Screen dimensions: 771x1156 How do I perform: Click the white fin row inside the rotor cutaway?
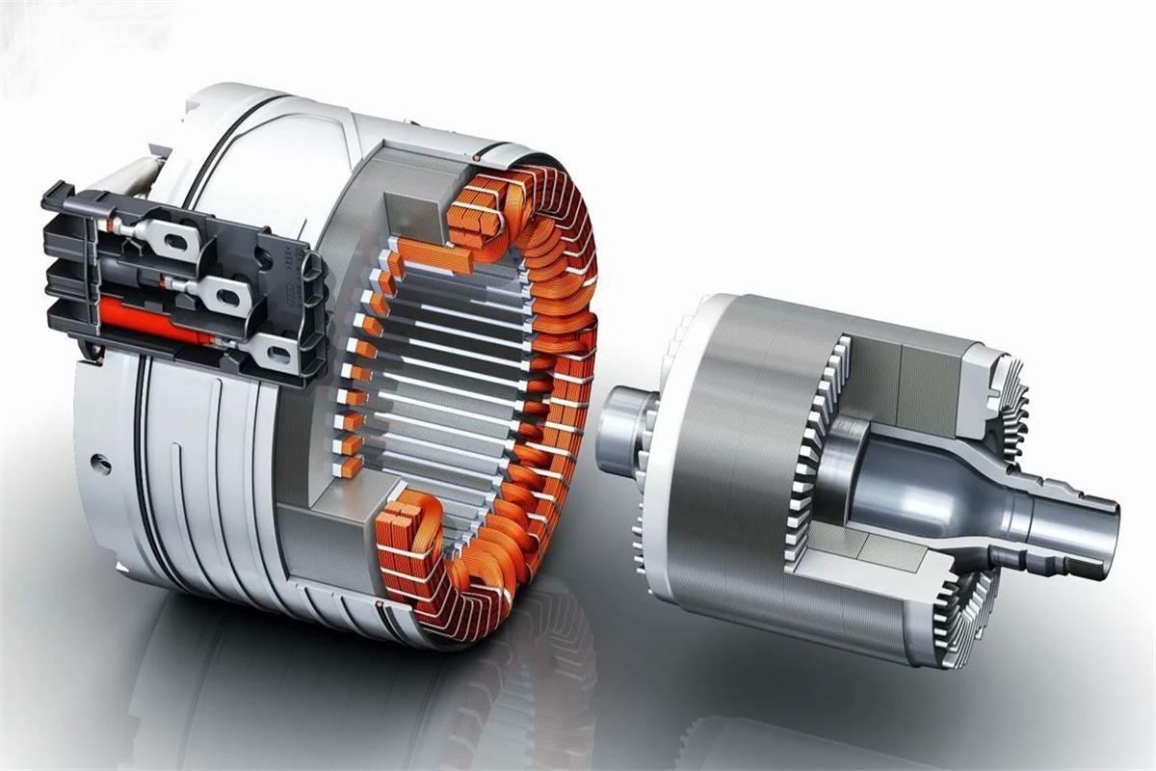click(809, 453)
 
